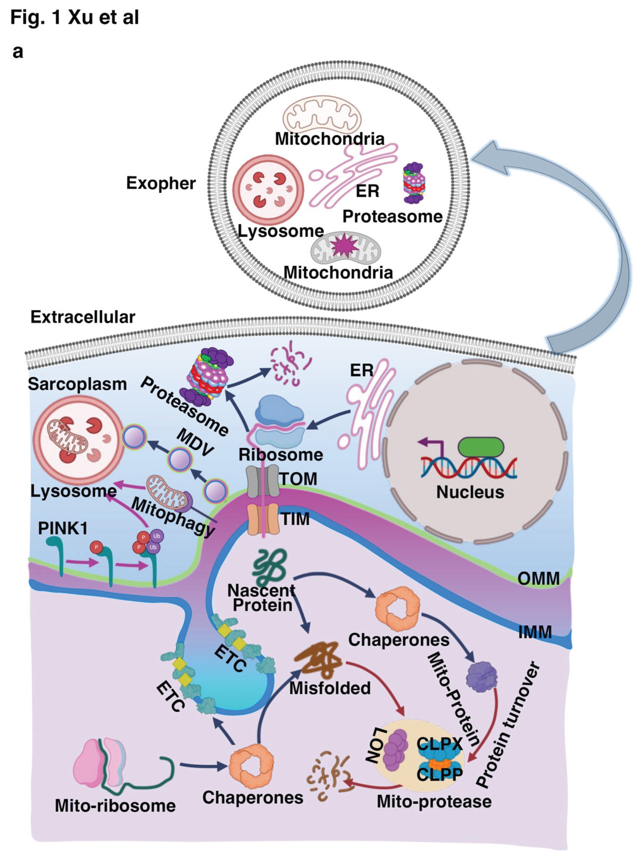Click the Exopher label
(x=161, y=183)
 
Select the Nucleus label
(x=470, y=492)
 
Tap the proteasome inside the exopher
(x=414, y=183)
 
